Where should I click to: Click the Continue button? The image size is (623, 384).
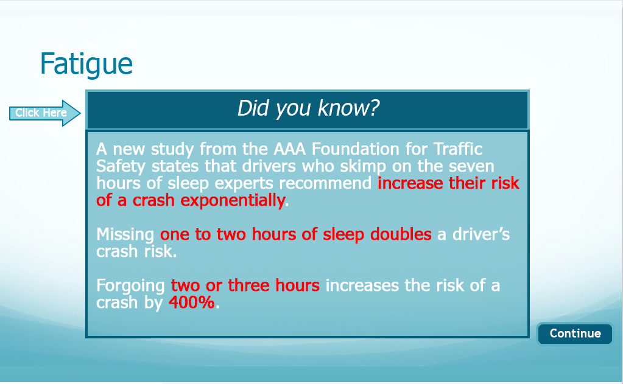575,333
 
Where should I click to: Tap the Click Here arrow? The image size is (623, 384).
45,113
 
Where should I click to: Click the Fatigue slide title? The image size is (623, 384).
86,64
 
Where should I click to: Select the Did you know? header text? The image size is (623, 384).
308,108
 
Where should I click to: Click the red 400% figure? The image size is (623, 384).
191,302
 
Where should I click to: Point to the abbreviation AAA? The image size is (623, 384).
290,149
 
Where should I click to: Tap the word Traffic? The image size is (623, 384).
458,149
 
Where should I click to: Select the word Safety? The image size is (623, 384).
121,167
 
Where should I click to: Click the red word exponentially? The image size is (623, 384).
233,201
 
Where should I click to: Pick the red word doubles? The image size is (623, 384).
401,234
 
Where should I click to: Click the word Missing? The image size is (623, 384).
125,235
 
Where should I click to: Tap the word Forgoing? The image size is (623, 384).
131,286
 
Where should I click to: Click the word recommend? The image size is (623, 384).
325,183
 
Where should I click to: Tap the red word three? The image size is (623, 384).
248,285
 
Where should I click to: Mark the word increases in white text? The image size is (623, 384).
362,285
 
